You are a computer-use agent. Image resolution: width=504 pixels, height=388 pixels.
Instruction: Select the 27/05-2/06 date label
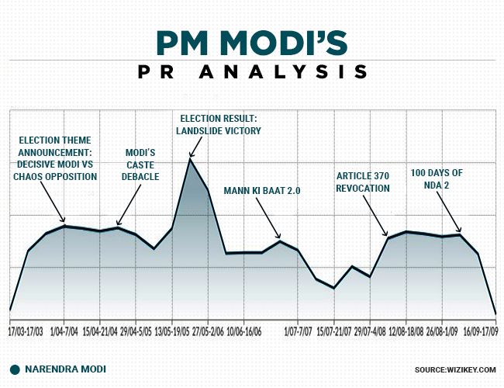pos(209,331)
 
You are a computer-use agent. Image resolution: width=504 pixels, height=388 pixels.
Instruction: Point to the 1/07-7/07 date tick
pos(297,331)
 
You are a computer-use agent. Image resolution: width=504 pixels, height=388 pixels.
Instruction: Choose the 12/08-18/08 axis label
pos(406,331)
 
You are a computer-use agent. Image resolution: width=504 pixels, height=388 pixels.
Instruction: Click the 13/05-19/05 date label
pos(172,331)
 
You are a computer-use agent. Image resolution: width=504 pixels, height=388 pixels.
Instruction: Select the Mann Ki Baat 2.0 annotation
pos(261,190)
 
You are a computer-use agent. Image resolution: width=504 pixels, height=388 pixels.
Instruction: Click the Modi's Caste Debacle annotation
pos(142,165)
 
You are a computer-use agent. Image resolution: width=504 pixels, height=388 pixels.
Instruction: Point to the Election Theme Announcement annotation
pos(55,159)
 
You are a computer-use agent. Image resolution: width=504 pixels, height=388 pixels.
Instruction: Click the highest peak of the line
pos(190,158)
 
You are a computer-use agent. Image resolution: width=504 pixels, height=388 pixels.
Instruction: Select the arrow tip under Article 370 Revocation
pos(387,236)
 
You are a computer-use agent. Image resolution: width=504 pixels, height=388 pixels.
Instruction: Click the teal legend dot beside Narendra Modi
pos(15,369)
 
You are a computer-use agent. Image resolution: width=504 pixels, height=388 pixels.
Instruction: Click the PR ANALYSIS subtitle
pos(252,72)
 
